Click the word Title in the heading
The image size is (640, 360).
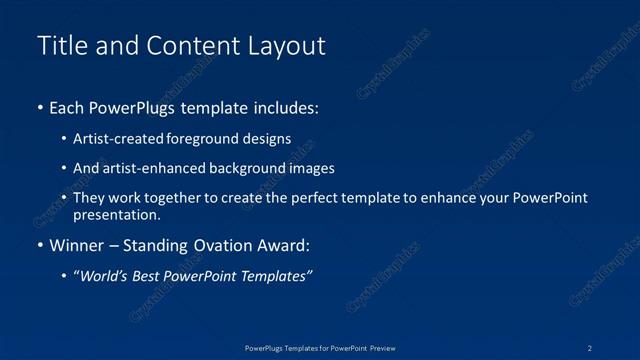point(61,46)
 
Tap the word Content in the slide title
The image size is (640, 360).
point(189,46)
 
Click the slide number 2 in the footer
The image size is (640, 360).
point(590,347)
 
